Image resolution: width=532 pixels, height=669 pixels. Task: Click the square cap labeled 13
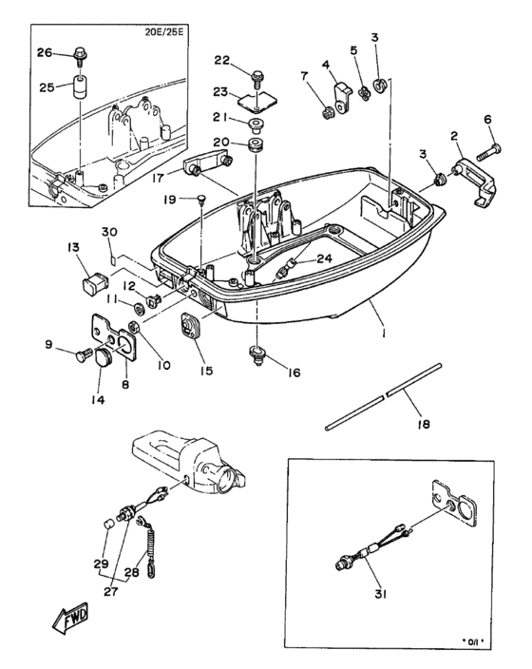coord(95,282)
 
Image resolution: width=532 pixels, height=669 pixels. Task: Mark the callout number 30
coord(108,233)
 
